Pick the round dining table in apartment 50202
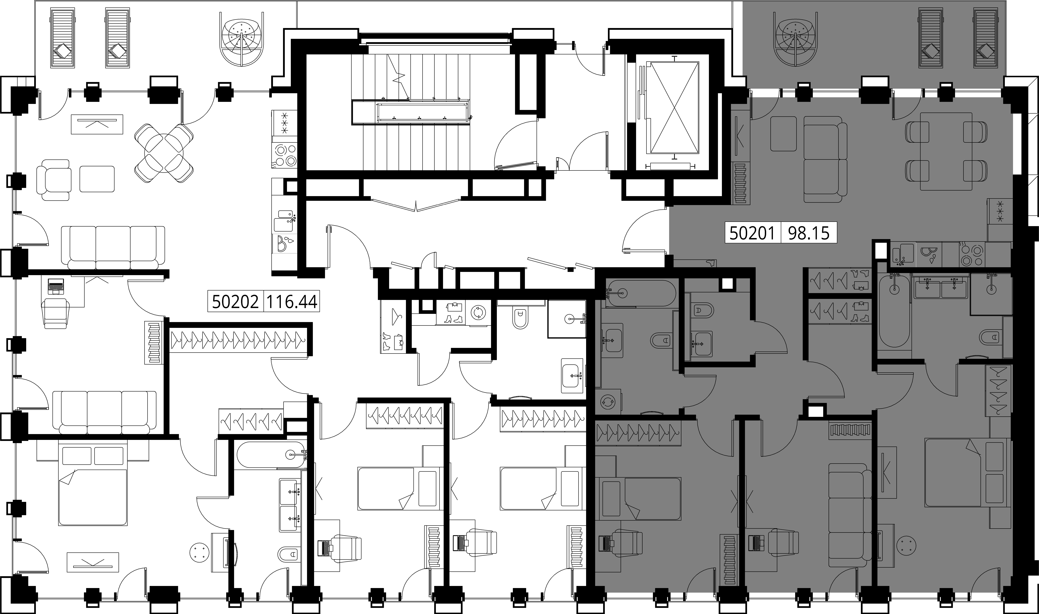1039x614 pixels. pyautogui.click(x=164, y=153)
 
